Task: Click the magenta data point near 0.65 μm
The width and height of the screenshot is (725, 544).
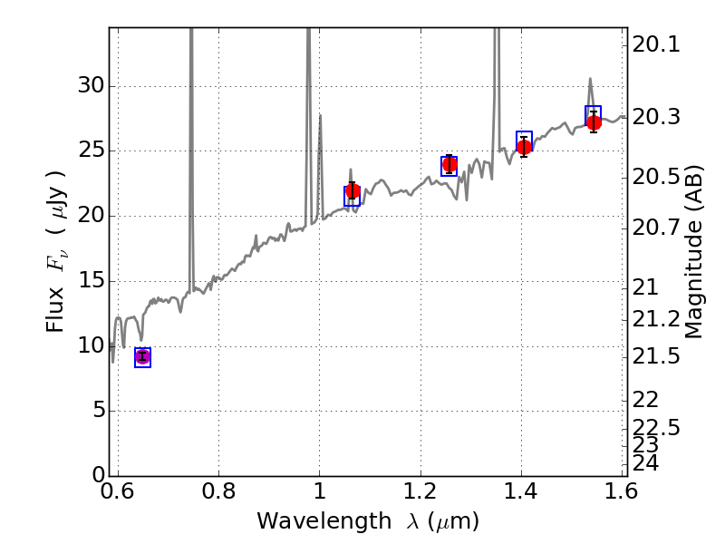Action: (x=142, y=357)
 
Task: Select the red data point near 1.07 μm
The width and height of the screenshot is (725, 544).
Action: (x=353, y=190)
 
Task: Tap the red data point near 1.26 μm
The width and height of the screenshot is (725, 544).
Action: (x=449, y=164)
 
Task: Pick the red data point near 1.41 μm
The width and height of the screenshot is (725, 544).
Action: (x=524, y=147)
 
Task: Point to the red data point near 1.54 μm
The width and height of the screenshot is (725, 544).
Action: (x=594, y=122)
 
